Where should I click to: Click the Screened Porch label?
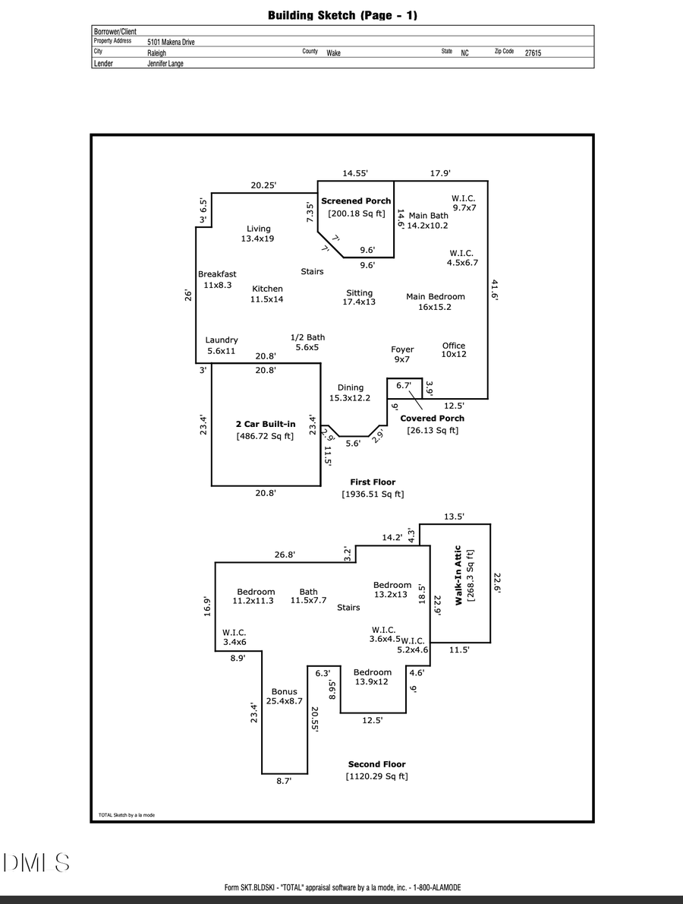356,201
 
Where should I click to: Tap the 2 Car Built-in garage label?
265,423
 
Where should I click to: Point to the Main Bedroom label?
435,297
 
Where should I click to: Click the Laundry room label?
222,340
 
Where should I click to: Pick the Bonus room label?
284,692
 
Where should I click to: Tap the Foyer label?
402,349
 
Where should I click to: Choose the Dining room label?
350,387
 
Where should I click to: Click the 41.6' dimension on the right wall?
495,290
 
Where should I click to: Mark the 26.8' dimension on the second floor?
285,555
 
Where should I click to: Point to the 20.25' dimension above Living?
263,185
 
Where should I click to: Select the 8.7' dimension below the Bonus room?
283,780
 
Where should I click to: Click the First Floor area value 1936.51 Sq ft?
373,495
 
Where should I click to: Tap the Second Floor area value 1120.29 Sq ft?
376,776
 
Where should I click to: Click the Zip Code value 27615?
533,53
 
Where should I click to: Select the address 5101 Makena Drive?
171,43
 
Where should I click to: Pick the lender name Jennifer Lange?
165,64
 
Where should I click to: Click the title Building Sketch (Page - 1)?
342,15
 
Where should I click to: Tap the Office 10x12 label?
454,349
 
